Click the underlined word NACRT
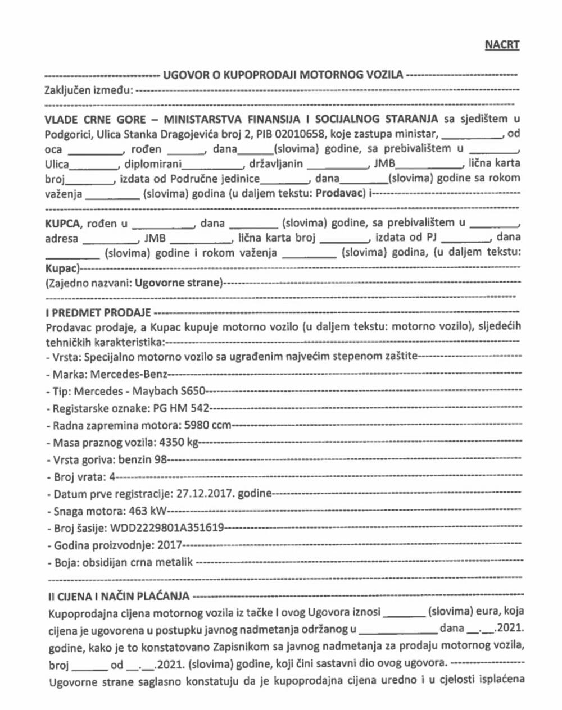coord(502,45)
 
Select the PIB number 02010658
coord(307,134)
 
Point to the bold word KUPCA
coord(62,224)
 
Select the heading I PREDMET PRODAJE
coord(99,312)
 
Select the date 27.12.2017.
coord(205,494)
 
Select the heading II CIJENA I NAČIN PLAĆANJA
coord(119,596)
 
